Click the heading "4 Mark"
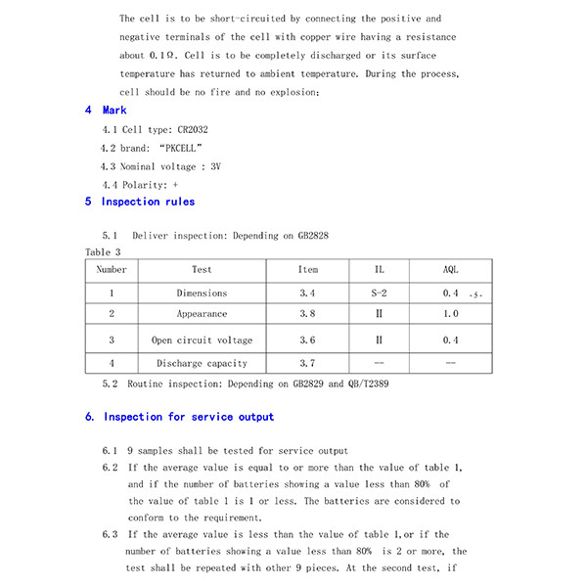coord(106,111)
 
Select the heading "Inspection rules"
coord(148,202)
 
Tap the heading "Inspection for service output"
coord(189,417)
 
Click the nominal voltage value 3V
coord(215,166)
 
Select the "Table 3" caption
coord(103,252)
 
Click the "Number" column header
coord(112,269)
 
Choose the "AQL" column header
coord(450,269)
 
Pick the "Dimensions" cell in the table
coord(202,293)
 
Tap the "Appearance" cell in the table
coord(202,314)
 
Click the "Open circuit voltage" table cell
coord(202,340)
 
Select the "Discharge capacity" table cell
coord(202,363)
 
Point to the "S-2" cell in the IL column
coord(380,293)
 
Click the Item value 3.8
coord(307,314)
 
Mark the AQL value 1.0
coord(450,314)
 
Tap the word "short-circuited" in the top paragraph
coord(229,19)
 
